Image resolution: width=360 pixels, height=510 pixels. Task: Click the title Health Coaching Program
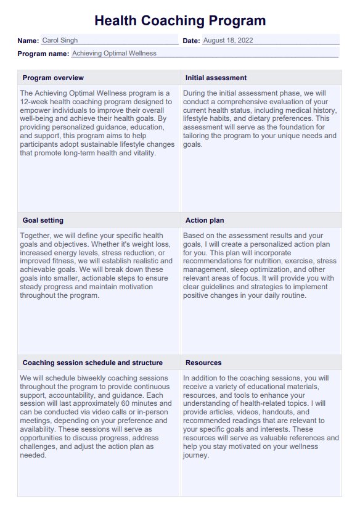[180, 20]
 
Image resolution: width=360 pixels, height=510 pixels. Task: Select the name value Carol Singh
[60, 41]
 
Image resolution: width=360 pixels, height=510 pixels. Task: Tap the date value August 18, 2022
[227, 41]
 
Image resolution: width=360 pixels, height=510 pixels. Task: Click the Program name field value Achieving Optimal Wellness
[114, 54]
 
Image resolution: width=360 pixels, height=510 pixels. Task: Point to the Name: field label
[28, 41]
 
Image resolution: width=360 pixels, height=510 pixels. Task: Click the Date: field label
[191, 41]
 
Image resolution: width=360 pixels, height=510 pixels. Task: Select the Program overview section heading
[53, 78]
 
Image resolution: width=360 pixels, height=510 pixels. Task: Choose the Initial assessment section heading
[216, 78]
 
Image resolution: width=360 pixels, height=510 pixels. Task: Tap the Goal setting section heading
[43, 220]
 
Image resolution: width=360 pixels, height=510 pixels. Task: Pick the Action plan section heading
[205, 220]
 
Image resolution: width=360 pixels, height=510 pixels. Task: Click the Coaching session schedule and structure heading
[92, 363]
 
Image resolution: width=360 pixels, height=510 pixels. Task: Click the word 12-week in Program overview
[35, 101]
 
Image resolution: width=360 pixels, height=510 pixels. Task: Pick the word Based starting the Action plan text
[194, 236]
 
